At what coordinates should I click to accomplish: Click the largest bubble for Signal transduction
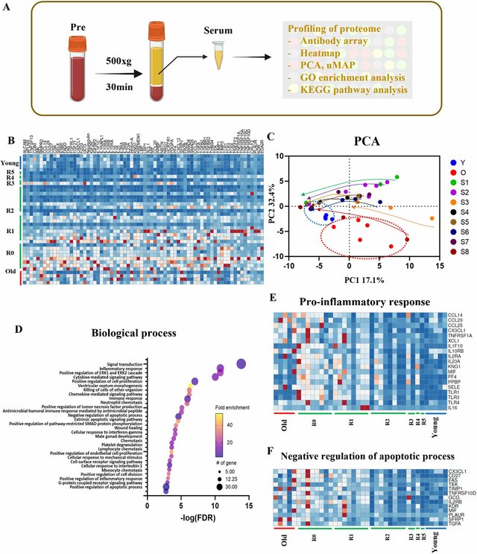(x=241, y=363)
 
